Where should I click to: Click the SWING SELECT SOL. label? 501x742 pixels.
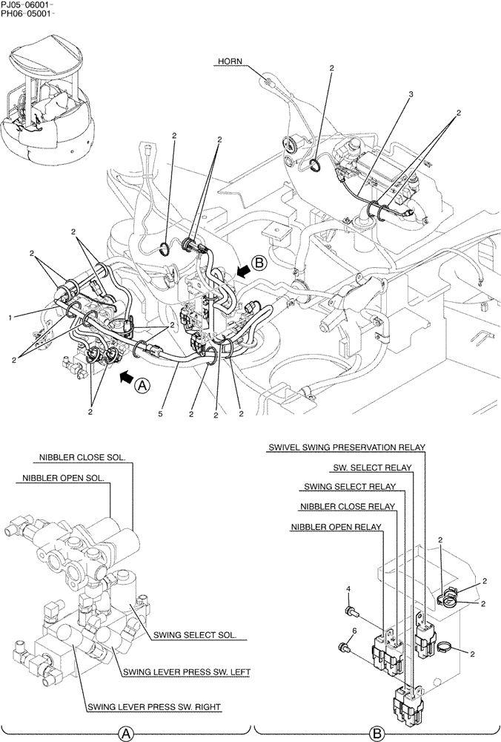194,635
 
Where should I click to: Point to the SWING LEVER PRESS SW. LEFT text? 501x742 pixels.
186,672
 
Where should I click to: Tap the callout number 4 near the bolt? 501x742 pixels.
348,590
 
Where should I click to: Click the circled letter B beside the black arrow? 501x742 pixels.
258,262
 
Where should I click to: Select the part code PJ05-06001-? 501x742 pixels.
26,5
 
